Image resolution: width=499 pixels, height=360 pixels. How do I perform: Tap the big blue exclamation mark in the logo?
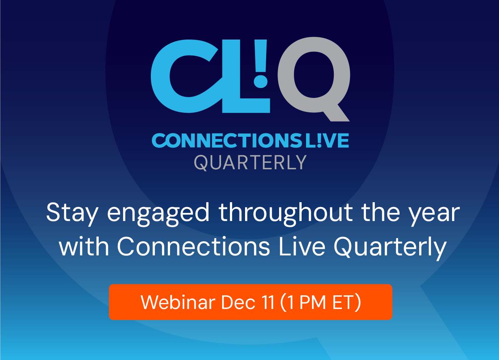[x=261, y=64]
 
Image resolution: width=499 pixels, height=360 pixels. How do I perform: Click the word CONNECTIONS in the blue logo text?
[x=227, y=140]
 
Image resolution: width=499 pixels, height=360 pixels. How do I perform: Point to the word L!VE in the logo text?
[x=327, y=140]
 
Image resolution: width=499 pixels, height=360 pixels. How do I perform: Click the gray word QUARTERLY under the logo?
[x=250, y=163]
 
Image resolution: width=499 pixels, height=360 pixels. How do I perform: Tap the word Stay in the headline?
[x=72, y=213]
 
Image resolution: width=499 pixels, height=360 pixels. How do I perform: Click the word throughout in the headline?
[x=286, y=214]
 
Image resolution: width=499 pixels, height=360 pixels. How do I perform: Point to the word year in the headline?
[x=435, y=215]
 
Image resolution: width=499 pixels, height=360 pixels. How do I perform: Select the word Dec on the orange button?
[x=238, y=302]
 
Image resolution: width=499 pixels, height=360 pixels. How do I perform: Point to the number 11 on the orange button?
[x=268, y=302]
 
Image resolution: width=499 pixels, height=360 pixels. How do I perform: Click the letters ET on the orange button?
[x=343, y=302]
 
